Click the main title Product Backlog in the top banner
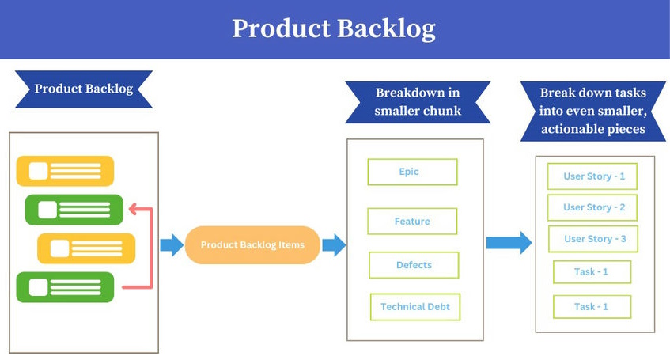click(x=334, y=28)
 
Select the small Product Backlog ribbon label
click(x=83, y=89)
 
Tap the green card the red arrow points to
click(x=74, y=210)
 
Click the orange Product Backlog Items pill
click(x=252, y=245)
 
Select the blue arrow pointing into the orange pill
click(x=172, y=245)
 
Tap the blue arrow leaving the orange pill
click(x=334, y=245)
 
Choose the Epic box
click(x=412, y=172)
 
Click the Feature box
click(x=412, y=222)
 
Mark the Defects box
click(x=414, y=265)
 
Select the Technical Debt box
click(x=415, y=307)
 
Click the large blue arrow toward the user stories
click(x=509, y=242)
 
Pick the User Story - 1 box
click(x=592, y=176)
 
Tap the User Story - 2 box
click(x=592, y=207)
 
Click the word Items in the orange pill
click(x=290, y=245)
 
